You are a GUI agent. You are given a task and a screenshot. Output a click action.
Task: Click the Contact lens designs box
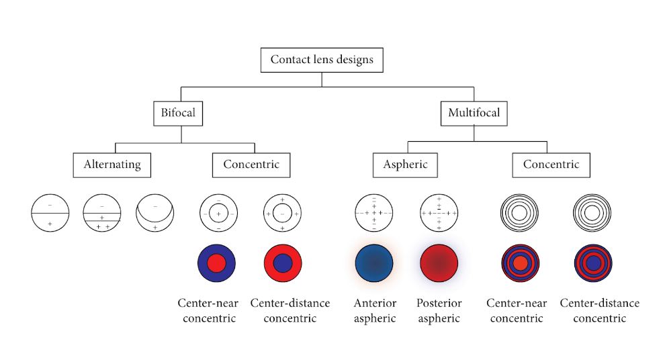tap(322, 60)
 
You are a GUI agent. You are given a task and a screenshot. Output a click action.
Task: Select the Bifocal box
tap(178, 113)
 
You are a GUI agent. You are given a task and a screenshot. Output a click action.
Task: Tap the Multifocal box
tap(474, 113)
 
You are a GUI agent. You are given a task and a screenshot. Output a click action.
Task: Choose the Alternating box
tap(112, 165)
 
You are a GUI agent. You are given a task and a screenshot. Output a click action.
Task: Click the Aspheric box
tap(405, 165)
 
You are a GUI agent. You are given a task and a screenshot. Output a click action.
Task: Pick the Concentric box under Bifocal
tap(251, 165)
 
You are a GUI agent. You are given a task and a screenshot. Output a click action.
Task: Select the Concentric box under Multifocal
tap(550, 165)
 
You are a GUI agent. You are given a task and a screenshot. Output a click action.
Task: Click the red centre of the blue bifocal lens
tap(216, 263)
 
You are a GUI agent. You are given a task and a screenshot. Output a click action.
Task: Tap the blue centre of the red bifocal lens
tap(283, 263)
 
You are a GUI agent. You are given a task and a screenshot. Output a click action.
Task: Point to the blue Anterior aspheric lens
tap(374, 263)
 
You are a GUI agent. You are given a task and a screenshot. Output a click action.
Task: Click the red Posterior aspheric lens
tap(439, 263)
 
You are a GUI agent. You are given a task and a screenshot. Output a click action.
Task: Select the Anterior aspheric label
tap(375, 310)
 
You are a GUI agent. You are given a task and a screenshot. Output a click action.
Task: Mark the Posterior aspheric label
tap(439, 310)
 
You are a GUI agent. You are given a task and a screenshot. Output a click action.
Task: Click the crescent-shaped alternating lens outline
tap(154, 213)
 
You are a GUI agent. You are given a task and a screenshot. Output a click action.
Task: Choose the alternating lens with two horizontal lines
tap(102, 213)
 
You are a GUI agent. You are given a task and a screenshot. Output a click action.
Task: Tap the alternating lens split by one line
tap(50, 213)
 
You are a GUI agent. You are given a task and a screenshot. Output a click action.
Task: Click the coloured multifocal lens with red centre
tap(519, 263)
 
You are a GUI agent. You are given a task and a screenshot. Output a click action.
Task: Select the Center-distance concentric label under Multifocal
tap(600, 310)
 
